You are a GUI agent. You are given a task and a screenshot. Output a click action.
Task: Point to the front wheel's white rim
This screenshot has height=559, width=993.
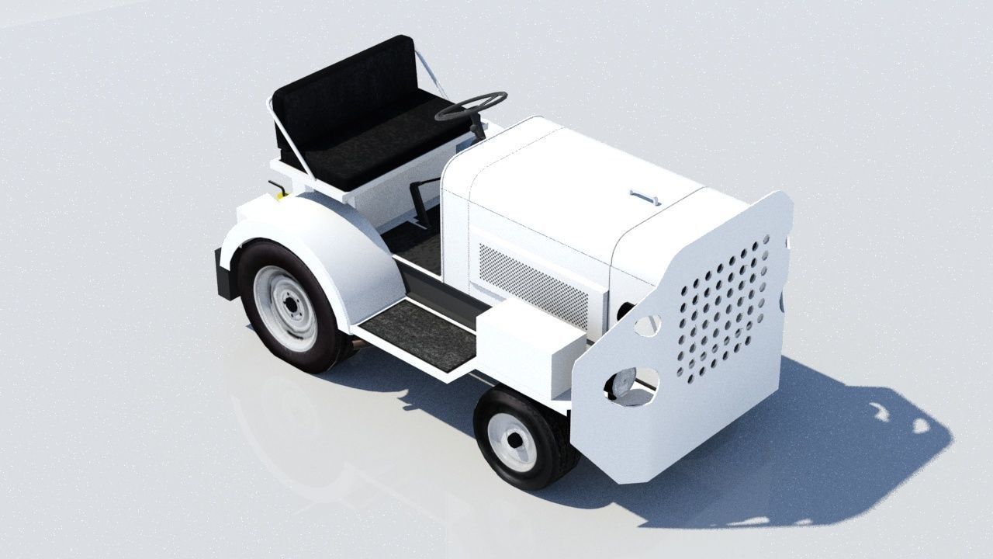pyautogui.click(x=513, y=441)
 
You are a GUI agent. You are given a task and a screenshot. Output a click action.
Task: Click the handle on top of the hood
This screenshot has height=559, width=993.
pyautogui.click(x=645, y=196)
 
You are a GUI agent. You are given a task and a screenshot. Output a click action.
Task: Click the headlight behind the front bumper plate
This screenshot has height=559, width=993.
pyautogui.click(x=623, y=383)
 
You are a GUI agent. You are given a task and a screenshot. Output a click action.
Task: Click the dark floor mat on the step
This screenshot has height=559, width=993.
pyautogui.click(x=419, y=334)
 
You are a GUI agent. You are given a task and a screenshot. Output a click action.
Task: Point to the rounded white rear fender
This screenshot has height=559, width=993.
pyautogui.click(x=326, y=233)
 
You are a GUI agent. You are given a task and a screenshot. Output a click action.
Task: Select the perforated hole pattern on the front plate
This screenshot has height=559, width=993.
pyautogui.click(x=721, y=311)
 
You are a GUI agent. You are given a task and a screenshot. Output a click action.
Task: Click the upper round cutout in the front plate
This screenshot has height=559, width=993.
pyautogui.click(x=648, y=325)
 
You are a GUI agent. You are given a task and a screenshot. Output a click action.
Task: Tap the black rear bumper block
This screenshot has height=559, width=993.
pyautogui.click(x=223, y=273)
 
